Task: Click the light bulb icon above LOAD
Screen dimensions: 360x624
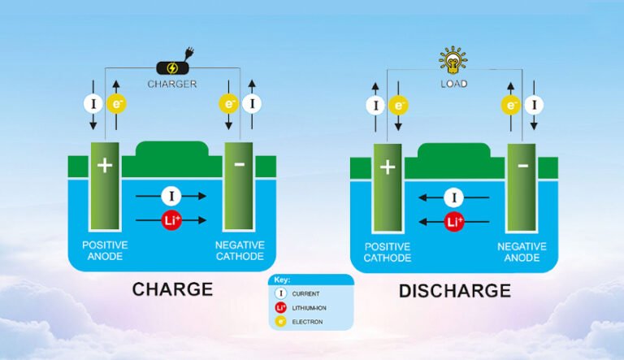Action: (453, 59)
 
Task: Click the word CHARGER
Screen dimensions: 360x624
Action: (172, 84)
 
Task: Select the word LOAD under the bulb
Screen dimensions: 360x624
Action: (453, 84)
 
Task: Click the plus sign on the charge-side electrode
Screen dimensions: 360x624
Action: (104, 165)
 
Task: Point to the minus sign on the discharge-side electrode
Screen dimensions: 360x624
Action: (522, 166)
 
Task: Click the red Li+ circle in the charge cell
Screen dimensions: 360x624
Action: (171, 220)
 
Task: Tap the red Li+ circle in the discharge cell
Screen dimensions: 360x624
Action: (453, 220)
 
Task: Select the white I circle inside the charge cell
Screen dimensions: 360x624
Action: (171, 196)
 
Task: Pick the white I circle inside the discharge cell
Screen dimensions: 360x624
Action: (453, 197)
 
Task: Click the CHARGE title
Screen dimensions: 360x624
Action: (172, 288)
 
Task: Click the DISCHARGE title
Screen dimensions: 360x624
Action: (454, 290)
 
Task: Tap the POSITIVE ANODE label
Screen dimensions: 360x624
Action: (106, 250)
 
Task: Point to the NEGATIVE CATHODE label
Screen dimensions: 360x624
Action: (239, 250)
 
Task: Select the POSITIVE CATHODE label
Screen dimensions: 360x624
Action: (388, 250)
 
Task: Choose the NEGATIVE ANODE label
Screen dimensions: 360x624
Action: (522, 250)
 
